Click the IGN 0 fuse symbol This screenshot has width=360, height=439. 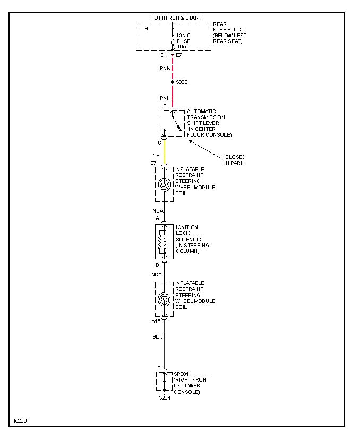pos(173,39)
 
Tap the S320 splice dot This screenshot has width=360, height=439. pos(173,82)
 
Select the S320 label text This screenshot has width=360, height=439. pos(182,82)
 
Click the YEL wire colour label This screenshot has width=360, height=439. pos(157,155)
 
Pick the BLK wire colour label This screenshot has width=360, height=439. pos(157,336)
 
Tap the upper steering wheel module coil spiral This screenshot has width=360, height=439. pos(165,184)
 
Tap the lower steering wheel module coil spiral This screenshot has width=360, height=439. pos(165,300)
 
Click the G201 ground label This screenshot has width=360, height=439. pos(164,398)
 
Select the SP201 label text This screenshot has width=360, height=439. pos(182,374)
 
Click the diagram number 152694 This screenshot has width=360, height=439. pos(21,420)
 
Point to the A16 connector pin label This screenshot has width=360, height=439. pos(155,321)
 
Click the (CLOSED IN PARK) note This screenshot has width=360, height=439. pos(234,159)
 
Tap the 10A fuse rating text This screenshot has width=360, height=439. pos(182,46)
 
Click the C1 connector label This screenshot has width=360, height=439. pos(164,55)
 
